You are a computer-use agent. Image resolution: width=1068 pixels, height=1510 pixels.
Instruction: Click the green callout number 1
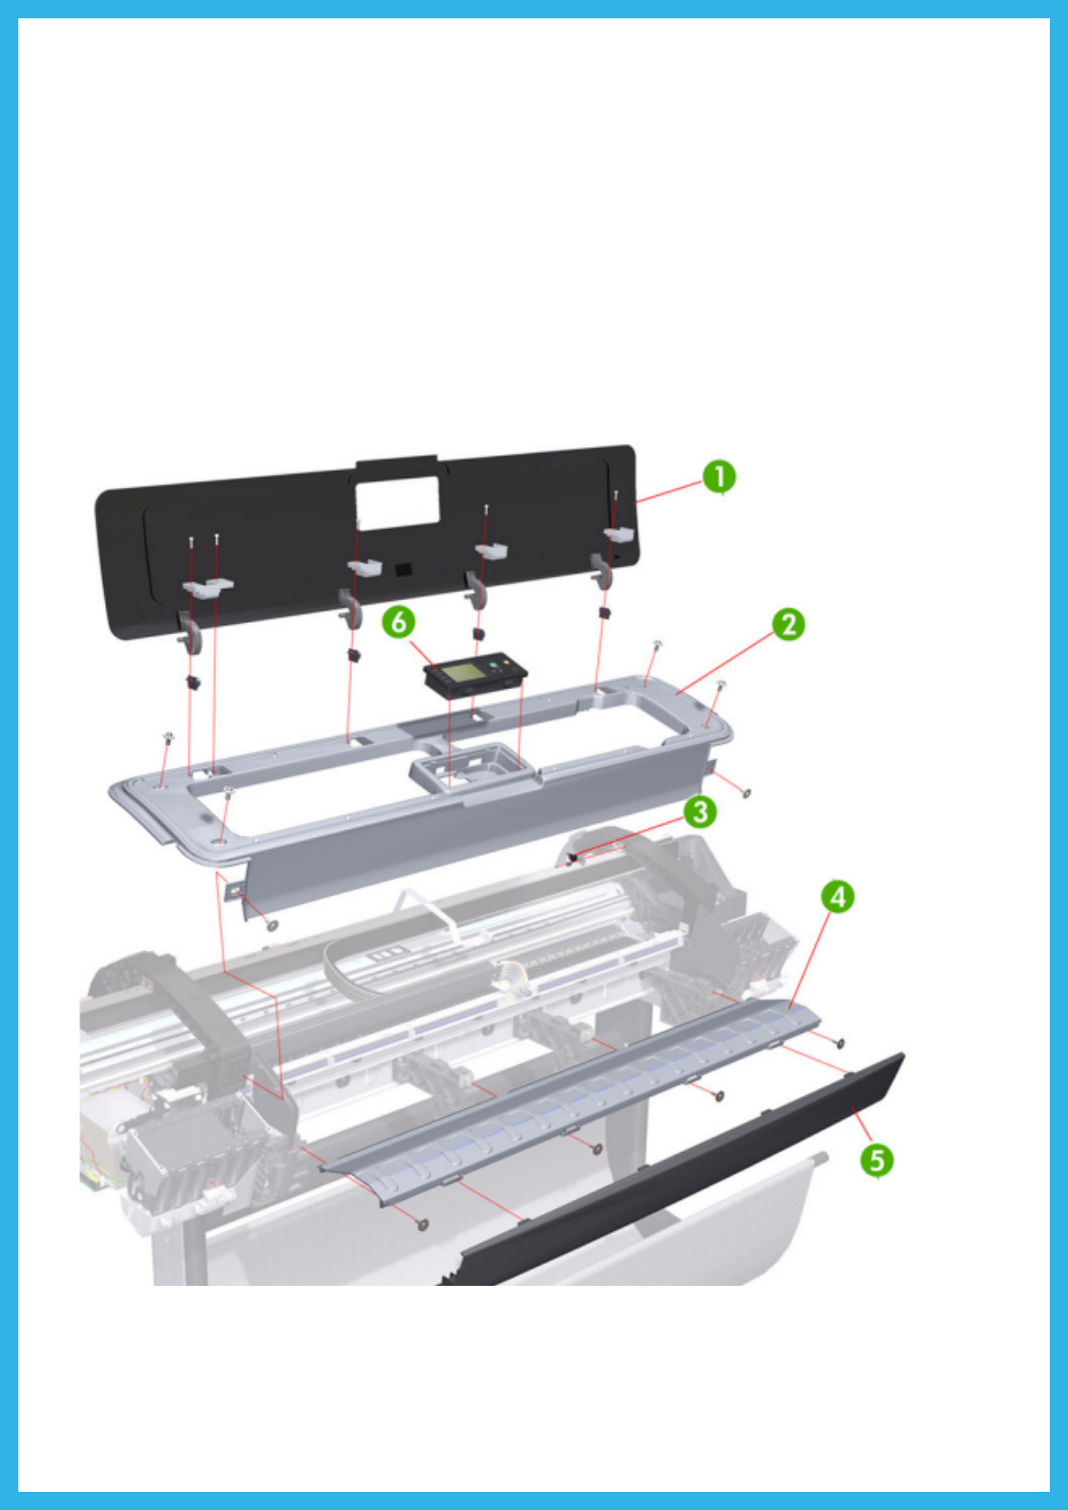point(718,477)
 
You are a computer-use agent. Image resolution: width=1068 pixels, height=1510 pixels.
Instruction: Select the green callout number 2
point(789,625)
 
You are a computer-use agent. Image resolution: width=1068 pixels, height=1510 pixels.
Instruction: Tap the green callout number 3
point(700,812)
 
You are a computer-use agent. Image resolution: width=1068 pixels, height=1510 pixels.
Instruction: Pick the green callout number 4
point(838,897)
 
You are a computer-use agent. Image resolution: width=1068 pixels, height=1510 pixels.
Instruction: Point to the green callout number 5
point(877,1160)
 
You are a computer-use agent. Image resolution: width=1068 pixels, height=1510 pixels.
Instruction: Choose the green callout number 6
point(398,623)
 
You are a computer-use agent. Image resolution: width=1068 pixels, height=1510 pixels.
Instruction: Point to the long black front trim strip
point(680,1170)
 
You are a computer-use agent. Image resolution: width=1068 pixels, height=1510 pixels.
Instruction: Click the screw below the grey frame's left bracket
point(273,925)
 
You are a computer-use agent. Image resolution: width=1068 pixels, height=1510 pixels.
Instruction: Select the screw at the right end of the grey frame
point(746,793)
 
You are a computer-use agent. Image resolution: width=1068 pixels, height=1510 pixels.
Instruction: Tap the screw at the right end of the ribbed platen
point(839,1043)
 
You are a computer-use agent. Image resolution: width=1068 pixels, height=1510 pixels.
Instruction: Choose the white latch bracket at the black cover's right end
point(618,534)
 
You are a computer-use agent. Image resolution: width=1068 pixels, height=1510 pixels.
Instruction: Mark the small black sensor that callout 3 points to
point(573,857)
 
